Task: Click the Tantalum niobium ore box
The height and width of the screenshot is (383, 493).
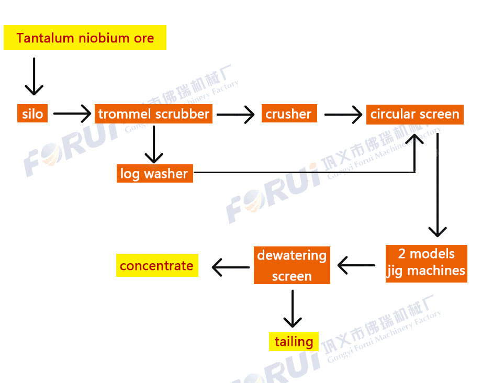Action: tap(85, 38)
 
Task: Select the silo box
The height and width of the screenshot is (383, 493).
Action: tap(32, 114)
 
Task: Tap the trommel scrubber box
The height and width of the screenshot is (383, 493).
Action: tap(153, 114)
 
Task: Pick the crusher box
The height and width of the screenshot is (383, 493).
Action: tap(288, 114)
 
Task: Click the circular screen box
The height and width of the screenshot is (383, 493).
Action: tap(414, 114)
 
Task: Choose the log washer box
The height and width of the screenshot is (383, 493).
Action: tap(154, 173)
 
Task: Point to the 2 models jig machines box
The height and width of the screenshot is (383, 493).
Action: tap(425, 263)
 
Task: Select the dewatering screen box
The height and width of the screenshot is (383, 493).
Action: tap(292, 265)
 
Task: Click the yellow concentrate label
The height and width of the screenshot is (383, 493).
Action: tap(156, 266)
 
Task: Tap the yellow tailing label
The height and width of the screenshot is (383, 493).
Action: tap(294, 342)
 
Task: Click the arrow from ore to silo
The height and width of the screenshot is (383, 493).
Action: tap(34, 76)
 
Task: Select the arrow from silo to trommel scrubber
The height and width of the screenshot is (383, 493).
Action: tap(72, 114)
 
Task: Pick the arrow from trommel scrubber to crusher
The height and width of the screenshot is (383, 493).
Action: tap(235, 114)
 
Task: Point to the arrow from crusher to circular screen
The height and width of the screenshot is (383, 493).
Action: tap(343, 114)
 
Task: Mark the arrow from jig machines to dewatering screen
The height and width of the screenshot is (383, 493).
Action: tap(356, 265)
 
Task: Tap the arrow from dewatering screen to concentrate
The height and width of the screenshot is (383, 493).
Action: tap(231, 267)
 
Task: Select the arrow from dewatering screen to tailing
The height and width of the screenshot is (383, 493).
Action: tap(292, 308)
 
